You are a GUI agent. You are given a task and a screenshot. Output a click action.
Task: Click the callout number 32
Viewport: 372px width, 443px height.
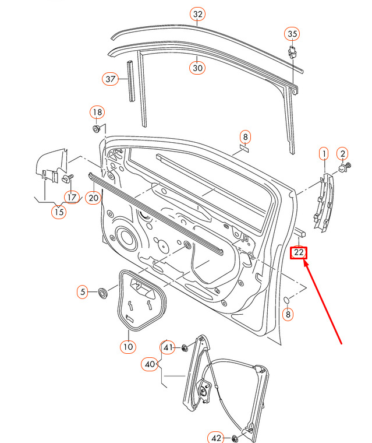point(197,14)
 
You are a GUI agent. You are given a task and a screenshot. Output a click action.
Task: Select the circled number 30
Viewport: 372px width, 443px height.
point(197,68)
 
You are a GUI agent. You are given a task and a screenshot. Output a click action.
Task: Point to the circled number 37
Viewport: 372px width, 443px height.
point(111,79)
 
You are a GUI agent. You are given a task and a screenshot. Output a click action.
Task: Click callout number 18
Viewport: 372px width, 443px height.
point(96,112)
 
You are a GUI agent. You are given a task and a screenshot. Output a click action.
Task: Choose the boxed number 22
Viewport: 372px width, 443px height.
point(299,252)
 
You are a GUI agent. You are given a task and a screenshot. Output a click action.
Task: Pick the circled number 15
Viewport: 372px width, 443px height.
point(59,212)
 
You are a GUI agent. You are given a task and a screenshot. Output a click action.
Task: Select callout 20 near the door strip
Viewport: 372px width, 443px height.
point(93,198)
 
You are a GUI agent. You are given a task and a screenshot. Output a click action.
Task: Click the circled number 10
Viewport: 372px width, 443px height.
point(128,347)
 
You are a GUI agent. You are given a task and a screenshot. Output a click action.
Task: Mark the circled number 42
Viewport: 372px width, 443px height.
point(216,438)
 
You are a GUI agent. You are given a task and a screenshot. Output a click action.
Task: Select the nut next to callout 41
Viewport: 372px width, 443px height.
point(185,348)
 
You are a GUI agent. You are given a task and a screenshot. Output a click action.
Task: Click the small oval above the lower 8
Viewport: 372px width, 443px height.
point(287,300)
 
